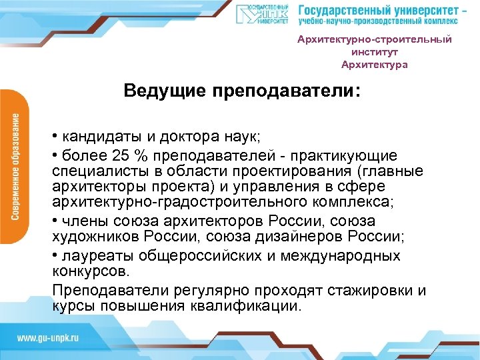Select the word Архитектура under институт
point(374,65)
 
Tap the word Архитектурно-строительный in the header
point(374,39)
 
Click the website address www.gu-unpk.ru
point(48,338)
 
